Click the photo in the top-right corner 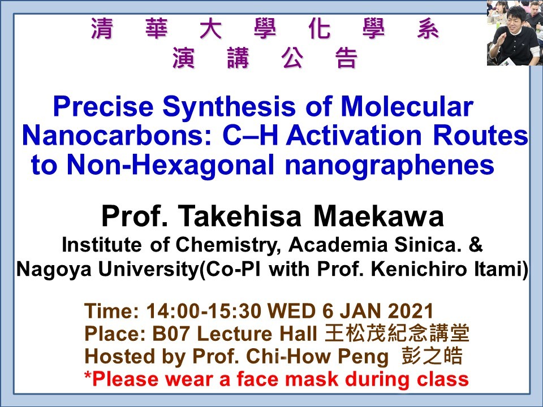(514, 33)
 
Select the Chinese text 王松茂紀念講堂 (397, 334)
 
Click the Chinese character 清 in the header (102, 30)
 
